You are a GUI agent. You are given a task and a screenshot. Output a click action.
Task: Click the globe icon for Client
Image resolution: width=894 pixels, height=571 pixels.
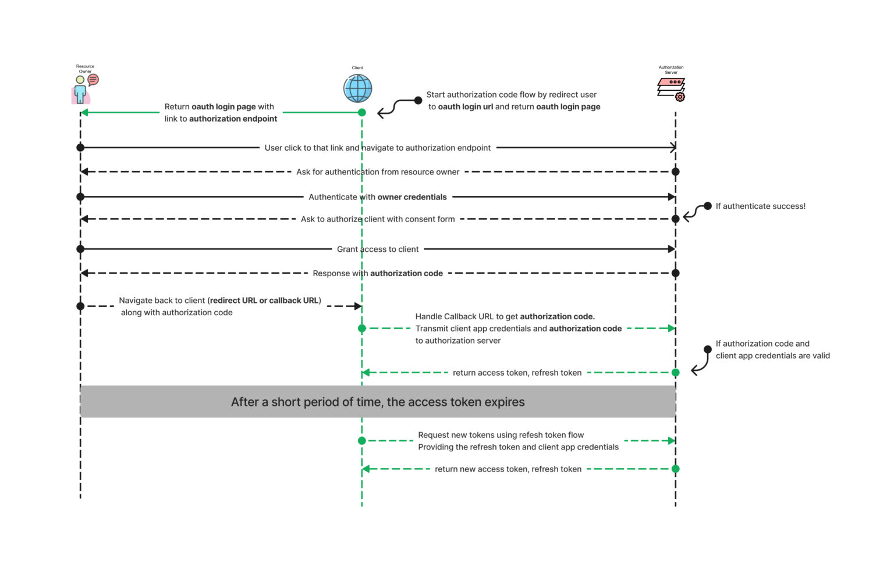(x=357, y=88)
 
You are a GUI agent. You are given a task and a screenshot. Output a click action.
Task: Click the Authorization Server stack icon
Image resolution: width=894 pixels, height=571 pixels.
(x=671, y=89)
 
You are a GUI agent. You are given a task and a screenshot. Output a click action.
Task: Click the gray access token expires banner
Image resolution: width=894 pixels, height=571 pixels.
(x=378, y=402)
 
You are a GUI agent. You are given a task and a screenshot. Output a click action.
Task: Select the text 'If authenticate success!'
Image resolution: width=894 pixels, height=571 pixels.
(x=760, y=206)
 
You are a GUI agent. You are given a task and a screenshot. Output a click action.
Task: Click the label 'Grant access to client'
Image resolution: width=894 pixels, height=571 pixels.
(x=378, y=249)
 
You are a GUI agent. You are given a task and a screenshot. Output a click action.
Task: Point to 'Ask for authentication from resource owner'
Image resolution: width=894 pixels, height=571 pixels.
(x=378, y=172)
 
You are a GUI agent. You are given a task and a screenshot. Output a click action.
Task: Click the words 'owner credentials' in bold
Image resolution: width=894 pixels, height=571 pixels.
(x=412, y=197)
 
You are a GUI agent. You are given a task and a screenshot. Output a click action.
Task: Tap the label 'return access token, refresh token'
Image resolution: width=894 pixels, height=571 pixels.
(x=517, y=373)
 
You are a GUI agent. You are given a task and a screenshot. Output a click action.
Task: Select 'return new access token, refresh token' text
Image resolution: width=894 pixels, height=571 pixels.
(x=508, y=469)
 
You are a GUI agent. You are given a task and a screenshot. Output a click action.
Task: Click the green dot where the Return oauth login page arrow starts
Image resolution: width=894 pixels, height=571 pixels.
(x=362, y=112)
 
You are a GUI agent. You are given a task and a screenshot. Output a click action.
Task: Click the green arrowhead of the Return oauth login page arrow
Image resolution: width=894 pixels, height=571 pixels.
(x=84, y=112)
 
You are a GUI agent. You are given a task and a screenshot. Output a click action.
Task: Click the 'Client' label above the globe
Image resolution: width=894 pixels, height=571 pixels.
(x=357, y=68)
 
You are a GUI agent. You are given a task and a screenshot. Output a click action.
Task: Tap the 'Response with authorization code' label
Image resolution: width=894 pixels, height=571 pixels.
(x=378, y=273)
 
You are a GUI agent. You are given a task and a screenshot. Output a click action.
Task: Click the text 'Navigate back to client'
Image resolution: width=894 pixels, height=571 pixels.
(x=162, y=301)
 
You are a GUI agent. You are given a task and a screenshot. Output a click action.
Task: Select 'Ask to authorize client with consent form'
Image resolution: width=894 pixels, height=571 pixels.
(x=378, y=219)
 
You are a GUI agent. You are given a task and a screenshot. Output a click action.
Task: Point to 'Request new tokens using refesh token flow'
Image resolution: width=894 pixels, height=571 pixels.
(x=501, y=435)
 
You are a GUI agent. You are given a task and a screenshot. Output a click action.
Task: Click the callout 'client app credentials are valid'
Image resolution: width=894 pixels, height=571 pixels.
(x=772, y=356)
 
